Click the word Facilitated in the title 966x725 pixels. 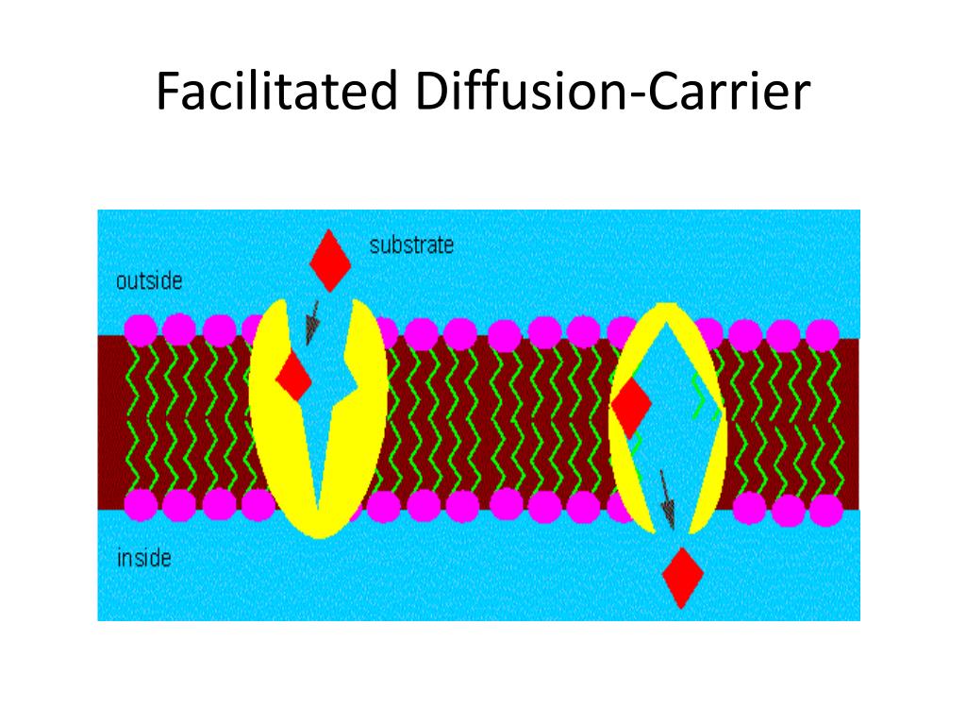point(277,93)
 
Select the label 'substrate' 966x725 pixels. point(411,245)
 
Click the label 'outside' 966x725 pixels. point(149,280)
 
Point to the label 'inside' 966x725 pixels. point(143,558)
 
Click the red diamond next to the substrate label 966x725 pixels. point(330,259)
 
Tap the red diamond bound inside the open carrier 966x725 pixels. point(294,378)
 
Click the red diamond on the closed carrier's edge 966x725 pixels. point(631,405)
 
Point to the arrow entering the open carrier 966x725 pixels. point(310,324)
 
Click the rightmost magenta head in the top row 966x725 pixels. point(823,335)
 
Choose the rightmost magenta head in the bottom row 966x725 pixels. point(826,509)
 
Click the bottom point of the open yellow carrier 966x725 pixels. point(321,529)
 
